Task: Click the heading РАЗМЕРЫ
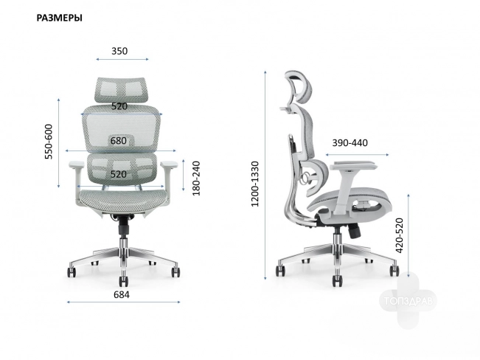coord(60,18)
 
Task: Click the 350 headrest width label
coord(119,51)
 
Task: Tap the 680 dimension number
coord(119,141)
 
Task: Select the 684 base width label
coord(122,294)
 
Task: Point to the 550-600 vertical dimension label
coord(49,142)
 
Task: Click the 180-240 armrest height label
coord(196,179)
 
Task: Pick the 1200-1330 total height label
coord(255,184)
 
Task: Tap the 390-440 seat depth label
coord(350,143)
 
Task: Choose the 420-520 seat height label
coord(400,235)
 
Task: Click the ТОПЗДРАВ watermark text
coord(408,301)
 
